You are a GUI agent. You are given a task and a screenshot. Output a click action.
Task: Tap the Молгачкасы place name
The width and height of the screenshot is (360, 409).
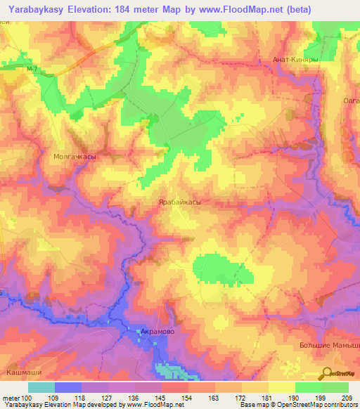coord(75,158)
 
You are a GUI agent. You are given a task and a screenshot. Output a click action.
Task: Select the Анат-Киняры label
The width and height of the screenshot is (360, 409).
coord(296,60)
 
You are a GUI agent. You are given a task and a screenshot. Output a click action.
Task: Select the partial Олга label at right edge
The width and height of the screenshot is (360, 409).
coord(351,101)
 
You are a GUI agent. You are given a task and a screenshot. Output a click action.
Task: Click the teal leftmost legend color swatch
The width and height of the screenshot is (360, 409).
coord(41,387)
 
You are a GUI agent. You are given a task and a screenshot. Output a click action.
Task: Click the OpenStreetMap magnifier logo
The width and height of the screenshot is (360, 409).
coord(327,374)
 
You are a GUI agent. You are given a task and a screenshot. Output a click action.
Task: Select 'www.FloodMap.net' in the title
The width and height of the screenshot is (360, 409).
coord(229,8)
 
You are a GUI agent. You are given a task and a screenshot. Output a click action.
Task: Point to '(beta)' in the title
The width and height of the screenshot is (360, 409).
coord(294,8)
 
